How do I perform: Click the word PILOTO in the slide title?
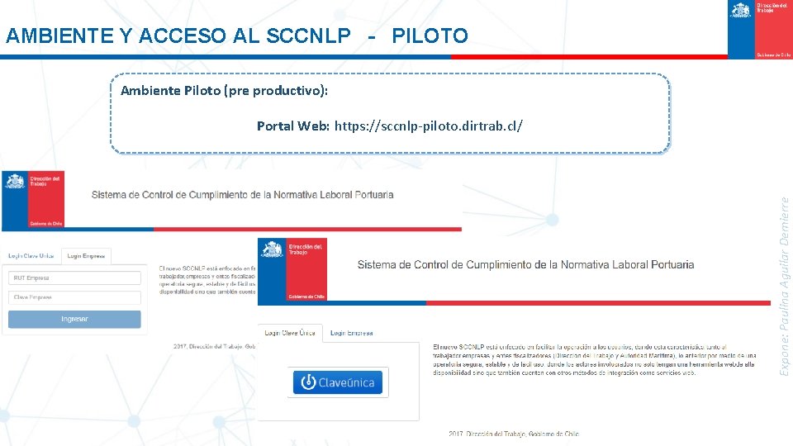(430, 36)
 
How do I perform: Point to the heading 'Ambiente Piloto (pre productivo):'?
(225, 91)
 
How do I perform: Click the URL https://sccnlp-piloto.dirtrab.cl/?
(428, 126)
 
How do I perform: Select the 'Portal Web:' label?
(293, 126)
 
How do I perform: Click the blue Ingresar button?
(74, 319)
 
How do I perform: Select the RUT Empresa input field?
(74, 278)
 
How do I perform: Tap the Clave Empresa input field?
(74, 297)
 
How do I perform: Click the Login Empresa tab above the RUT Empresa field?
(86, 257)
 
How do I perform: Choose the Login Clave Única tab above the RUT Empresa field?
(31, 257)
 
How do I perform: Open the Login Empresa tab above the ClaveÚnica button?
(351, 333)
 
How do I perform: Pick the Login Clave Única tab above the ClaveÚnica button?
(290, 333)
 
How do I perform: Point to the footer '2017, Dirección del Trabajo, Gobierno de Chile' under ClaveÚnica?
(513, 434)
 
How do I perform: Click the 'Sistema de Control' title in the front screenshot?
(525, 265)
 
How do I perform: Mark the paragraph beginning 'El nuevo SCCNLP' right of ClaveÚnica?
(593, 359)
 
